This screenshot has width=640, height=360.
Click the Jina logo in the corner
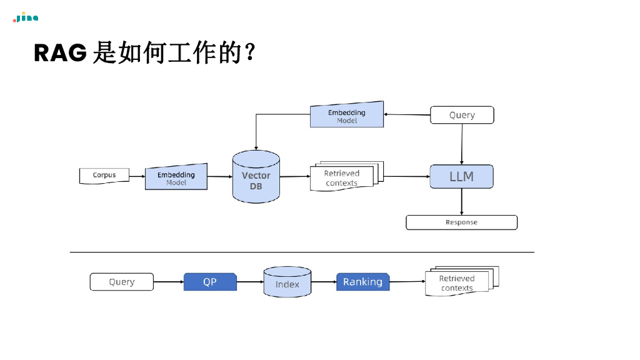(26, 17)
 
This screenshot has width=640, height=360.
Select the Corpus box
(104, 176)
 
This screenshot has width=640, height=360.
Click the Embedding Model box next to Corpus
(176, 178)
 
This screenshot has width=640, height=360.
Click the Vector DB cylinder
(256, 177)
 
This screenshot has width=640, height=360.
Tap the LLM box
(461, 177)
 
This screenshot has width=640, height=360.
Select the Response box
(461, 222)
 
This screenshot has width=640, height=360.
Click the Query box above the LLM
(462, 115)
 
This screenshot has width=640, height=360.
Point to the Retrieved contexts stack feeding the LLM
(344, 177)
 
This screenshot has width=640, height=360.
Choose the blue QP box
(210, 282)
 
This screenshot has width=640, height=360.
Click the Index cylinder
(287, 282)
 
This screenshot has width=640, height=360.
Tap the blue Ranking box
(362, 282)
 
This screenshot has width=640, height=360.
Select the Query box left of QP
(121, 282)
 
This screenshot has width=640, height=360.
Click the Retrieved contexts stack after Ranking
(459, 282)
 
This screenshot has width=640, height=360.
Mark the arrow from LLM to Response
(462, 202)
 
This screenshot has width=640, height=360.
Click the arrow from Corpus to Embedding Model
(137, 176)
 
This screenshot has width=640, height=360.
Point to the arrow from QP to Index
(250, 282)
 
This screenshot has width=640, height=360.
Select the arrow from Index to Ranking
(324, 282)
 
